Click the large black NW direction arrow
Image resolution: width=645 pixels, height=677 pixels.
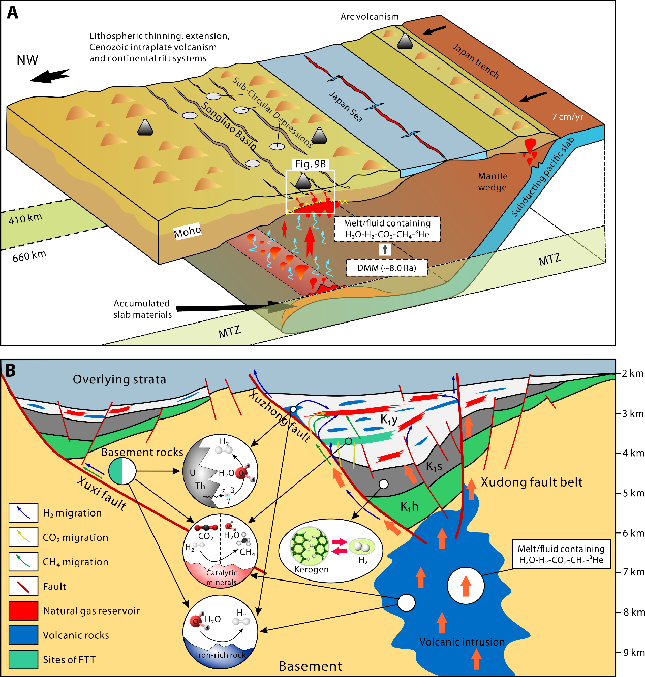[50, 75]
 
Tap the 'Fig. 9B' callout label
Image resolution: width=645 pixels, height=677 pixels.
[311, 164]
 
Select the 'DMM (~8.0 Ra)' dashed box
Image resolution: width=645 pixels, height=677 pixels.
[386, 268]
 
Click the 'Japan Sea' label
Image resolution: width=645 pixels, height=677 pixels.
[346, 107]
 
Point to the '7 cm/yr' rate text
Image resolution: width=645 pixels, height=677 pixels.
[568, 117]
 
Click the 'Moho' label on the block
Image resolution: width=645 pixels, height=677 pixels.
[188, 232]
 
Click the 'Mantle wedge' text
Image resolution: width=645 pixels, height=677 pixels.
[493, 182]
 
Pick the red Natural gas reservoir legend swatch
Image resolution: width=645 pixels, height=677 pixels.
[23, 610]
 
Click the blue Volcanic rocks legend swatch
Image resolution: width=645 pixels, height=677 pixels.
[23, 635]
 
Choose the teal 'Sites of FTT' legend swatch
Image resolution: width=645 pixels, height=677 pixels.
[23, 659]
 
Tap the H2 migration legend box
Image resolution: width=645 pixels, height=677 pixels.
[23, 512]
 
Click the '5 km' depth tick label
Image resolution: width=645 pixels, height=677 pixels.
[633, 493]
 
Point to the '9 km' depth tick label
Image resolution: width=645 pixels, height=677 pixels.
[633, 652]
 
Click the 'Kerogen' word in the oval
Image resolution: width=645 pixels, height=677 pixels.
[312, 569]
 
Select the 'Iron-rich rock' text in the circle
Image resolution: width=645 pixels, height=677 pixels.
[221, 655]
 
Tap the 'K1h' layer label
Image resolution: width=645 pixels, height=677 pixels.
[409, 506]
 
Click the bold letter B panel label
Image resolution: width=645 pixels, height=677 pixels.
[10, 370]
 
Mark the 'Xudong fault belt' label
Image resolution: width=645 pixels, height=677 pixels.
[532, 482]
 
